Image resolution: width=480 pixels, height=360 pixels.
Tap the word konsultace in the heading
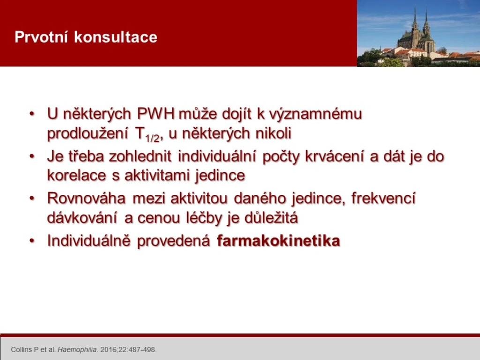pos(115,37)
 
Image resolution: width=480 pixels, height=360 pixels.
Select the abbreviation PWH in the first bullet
pos(156,113)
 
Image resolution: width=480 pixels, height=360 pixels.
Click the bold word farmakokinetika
pos(278,240)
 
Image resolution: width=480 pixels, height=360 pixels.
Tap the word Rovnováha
pos(86,198)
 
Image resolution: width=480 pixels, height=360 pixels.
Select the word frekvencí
pos(383,198)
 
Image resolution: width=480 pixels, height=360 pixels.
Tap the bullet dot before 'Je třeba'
pos(32,157)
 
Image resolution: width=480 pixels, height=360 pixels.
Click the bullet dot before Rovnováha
pos(32,198)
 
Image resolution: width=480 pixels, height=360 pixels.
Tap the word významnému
pos(315,113)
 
